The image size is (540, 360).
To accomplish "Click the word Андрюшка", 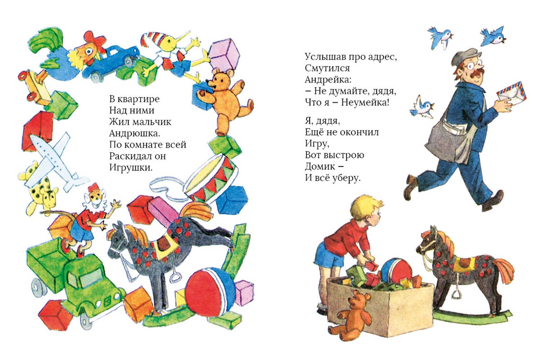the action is pyautogui.click(x=135, y=133).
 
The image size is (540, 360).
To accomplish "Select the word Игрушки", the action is pyautogui.click(x=131, y=168).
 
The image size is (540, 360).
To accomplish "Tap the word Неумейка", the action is pyautogui.click(x=365, y=103).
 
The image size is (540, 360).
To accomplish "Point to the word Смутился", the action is pyautogui.click(x=327, y=68).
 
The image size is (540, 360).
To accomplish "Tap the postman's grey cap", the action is pyautogui.click(x=464, y=57).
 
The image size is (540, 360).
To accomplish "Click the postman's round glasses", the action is pyautogui.click(x=474, y=65).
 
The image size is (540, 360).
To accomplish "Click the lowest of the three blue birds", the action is pyautogui.click(x=422, y=108).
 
